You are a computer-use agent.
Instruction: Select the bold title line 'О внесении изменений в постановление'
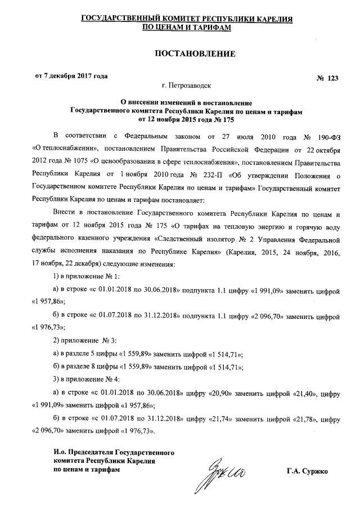click(x=186, y=102)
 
